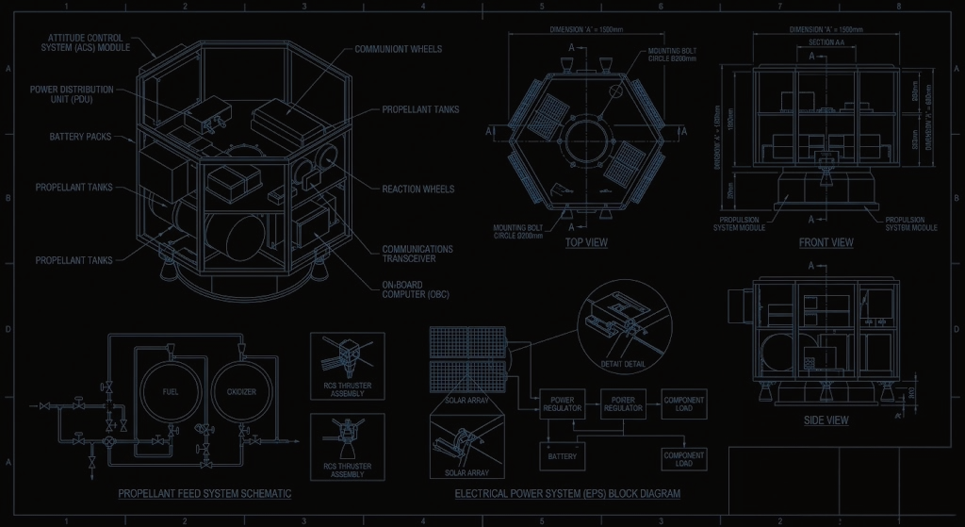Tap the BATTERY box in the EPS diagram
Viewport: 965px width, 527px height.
(562, 456)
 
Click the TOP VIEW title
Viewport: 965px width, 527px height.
(586, 242)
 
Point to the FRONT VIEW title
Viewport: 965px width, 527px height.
(826, 242)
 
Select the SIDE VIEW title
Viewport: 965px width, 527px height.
(826, 420)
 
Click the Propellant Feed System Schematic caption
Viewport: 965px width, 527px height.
(204, 493)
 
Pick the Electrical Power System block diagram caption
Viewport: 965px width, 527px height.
(567, 493)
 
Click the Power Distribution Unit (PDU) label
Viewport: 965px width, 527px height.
(72, 94)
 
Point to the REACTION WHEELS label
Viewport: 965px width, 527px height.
(418, 189)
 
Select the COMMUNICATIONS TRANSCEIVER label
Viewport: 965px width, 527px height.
(417, 255)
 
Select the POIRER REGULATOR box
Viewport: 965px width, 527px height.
(622, 404)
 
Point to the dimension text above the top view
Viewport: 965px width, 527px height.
(586, 30)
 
